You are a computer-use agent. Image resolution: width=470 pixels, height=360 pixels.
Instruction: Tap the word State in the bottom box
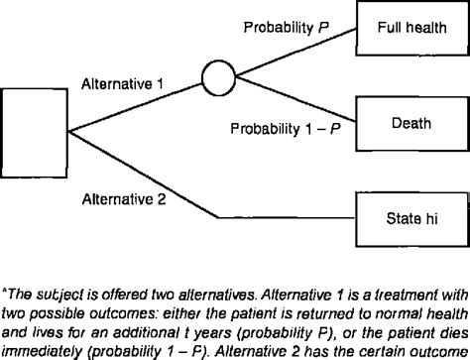click(400, 213)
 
